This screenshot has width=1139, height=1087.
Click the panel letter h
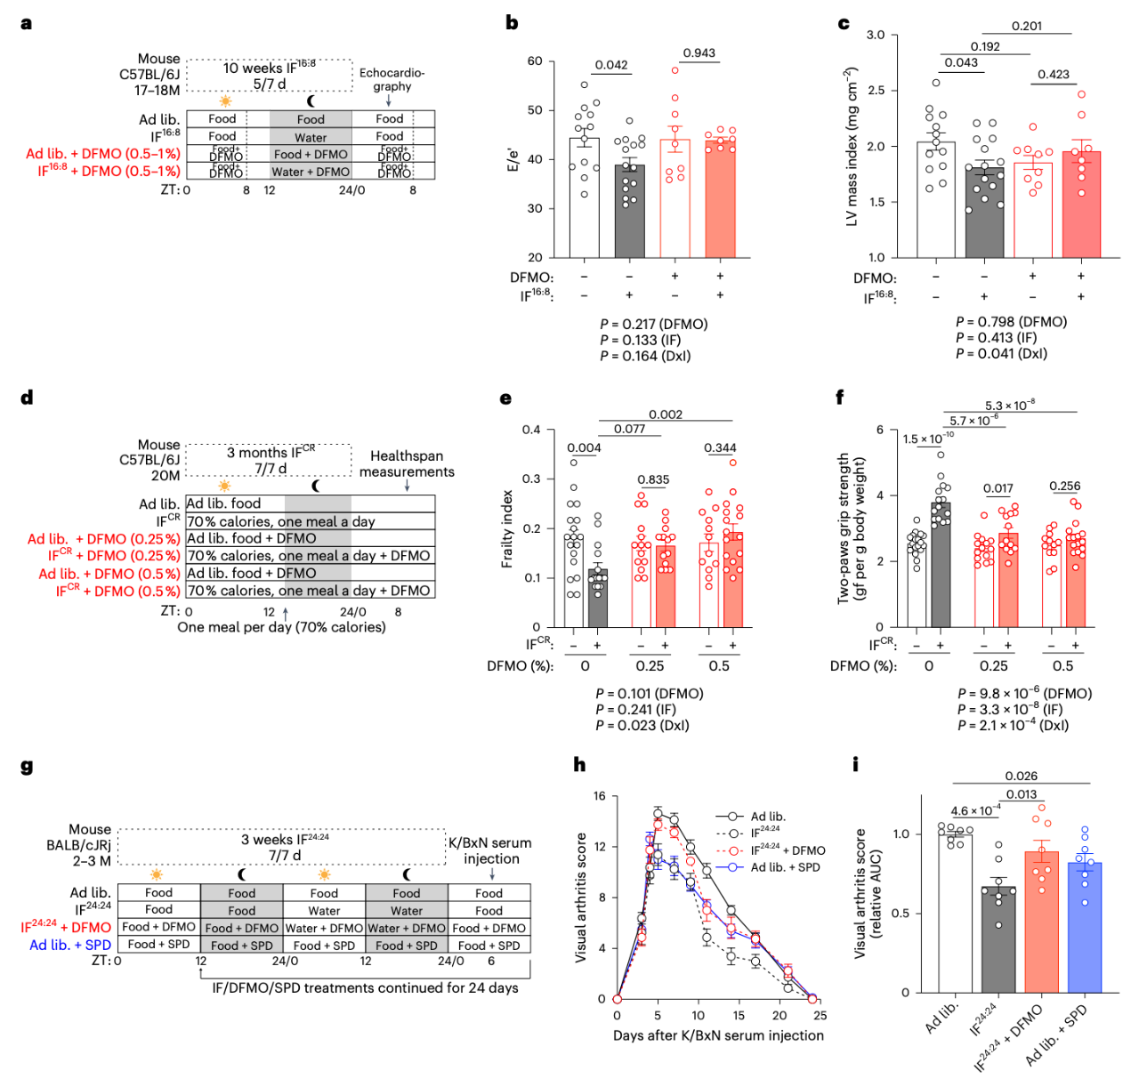tap(579, 764)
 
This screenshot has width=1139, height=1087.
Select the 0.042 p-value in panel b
tap(611, 65)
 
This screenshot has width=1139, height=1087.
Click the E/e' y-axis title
tap(513, 158)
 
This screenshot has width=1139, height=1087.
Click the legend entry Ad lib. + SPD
tap(785, 867)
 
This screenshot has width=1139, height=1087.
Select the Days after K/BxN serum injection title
tap(718, 1035)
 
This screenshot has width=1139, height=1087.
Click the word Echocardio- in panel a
tap(392, 73)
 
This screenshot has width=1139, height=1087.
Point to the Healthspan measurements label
tap(407, 463)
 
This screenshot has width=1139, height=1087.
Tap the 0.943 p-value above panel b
tap(699, 53)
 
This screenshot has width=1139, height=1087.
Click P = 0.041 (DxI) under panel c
tap(1001, 354)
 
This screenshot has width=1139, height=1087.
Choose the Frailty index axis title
tap(507, 528)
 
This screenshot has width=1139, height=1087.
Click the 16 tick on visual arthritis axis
tap(600, 796)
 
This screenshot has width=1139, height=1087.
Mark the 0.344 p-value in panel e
tap(720, 448)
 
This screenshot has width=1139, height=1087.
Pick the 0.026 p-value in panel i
tap(1022, 777)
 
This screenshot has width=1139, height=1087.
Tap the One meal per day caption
tap(281, 627)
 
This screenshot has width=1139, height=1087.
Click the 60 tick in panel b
tap(535, 61)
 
